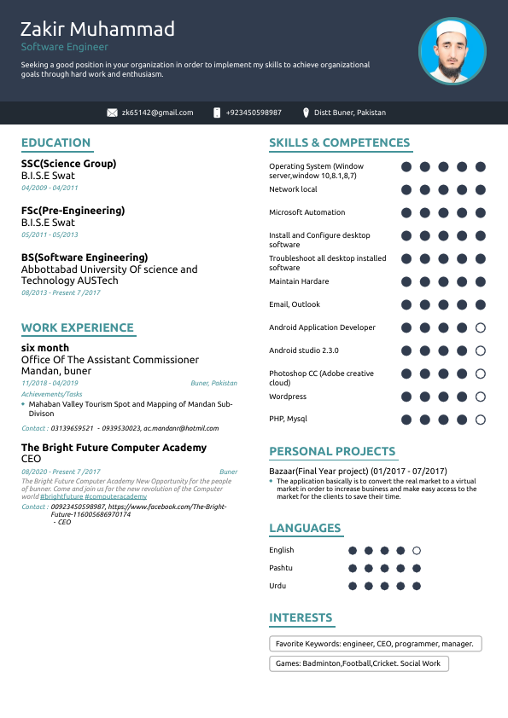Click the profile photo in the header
click(x=453, y=52)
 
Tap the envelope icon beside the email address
click(x=112, y=113)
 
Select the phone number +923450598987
click(x=254, y=113)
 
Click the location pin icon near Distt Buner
click(x=305, y=113)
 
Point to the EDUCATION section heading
click(x=55, y=143)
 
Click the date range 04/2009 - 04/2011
click(x=50, y=188)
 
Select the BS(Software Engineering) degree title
click(x=85, y=258)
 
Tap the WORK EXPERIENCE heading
click(x=78, y=328)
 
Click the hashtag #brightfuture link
click(x=61, y=496)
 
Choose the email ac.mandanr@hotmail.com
click(x=181, y=428)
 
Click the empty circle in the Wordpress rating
click(x=481, y=397)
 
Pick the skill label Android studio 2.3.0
click(x=304, y=350)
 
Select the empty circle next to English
click(x=417, y=551)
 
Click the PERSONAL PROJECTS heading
click(x=332, y=452)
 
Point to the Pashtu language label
click(x=281, y=568)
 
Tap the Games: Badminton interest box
click(x=359, y=663)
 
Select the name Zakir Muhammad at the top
click(x=97, y=29)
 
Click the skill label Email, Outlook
click(x=295, y=304)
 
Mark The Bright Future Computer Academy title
click(x=114, y=448)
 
